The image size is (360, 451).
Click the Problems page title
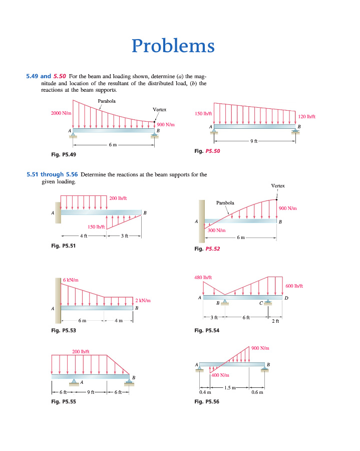tap(173, 46)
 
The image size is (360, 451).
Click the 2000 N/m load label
tap(61, 113)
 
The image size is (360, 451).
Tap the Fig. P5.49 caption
tap(64, 154)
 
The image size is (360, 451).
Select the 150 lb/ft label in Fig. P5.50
tap(203, 114)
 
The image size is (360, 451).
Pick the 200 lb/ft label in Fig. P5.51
tap(118, 198)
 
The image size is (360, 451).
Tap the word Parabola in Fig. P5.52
tap(225, 203)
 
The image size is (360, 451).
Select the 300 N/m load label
tap(217, 230)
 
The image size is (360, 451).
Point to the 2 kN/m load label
tap(143, 300)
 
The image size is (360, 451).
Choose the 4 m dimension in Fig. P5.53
tap(118, 321)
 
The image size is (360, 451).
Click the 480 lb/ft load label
tap(203, 277)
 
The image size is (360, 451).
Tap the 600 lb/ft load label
tap(294, 286)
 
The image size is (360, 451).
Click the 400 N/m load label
tap(220, 375)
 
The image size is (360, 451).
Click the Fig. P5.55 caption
tap(64, 401)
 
